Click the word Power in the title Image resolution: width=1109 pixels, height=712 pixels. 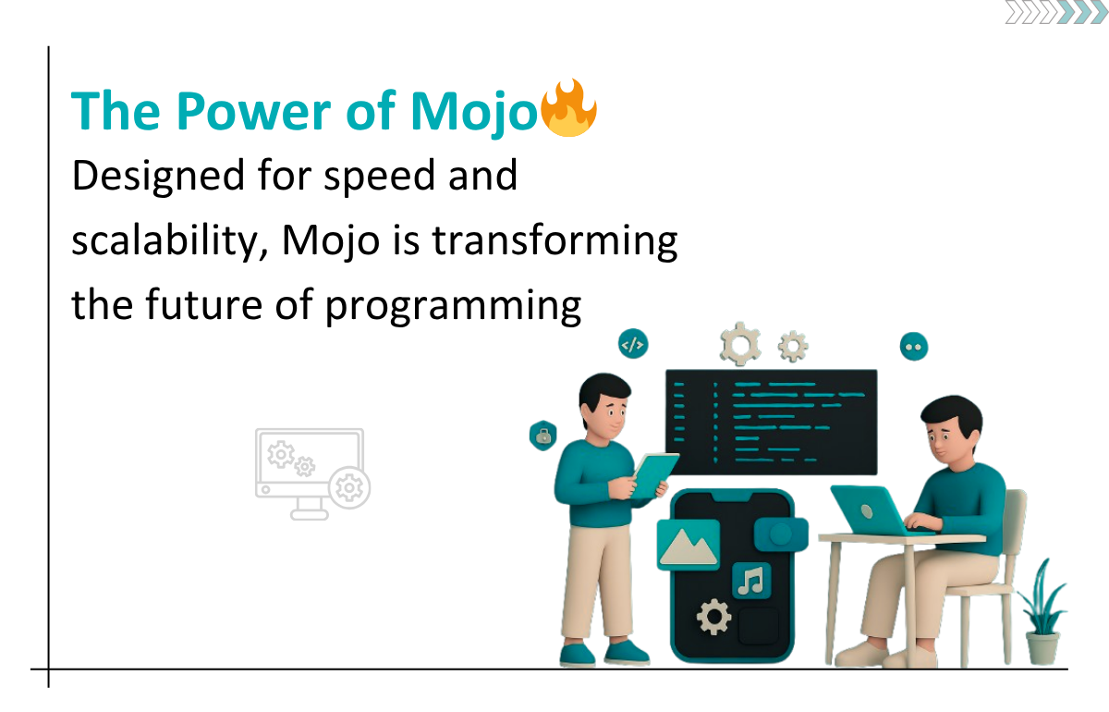[253, 111]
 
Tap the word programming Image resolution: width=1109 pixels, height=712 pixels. [453, 306]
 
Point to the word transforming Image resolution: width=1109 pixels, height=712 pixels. [555, 241]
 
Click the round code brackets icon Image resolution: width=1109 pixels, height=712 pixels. [633, 344]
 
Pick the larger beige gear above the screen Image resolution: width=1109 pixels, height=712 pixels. [740, 344]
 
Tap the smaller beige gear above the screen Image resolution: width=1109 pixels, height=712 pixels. [793, 346]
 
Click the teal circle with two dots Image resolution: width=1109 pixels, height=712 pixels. [913, 347]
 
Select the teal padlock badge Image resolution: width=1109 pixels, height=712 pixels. [543, 436]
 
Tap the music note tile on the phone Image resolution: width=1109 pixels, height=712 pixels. [751, 580]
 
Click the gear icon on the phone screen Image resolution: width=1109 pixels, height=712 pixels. [713, 617]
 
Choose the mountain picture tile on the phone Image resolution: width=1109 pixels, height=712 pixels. [689, 544]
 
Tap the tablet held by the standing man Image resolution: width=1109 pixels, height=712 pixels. [654, 475]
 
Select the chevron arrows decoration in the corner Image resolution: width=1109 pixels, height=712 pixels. [1056, 12]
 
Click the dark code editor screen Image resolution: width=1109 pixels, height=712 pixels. [771, 423]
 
